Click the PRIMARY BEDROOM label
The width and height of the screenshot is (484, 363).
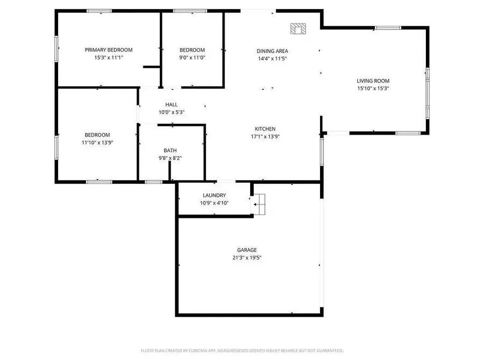tap(109, 50)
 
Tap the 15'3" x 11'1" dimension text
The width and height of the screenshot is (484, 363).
tap(109, 58)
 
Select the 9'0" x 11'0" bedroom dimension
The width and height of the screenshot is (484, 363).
tap(193, 58)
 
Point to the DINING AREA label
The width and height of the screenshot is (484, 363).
tap(272, 51)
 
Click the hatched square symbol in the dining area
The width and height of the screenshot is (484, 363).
tap(297, 28)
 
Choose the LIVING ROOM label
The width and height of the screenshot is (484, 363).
tap(373, 81)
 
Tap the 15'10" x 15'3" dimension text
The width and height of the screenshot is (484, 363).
tap(373, 88)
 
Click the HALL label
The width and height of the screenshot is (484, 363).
tap(172, 105)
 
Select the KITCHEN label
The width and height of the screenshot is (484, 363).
tap(265, 129)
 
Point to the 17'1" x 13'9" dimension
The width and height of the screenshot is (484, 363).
tap(265, 137)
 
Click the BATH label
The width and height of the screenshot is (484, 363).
tap(170, 151)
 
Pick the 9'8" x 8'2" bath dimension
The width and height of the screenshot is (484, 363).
tap(170, 158)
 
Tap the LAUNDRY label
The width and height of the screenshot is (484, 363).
tap(214, 195)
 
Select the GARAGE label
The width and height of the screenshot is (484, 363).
tap(247, 250)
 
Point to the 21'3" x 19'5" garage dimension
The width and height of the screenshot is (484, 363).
tap(247, 258)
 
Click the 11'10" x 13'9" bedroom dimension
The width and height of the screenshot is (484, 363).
tap(97, 143)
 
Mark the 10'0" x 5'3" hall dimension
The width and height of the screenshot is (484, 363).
tap(172, 112)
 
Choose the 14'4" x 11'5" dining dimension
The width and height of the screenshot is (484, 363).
tap(272, 59)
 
